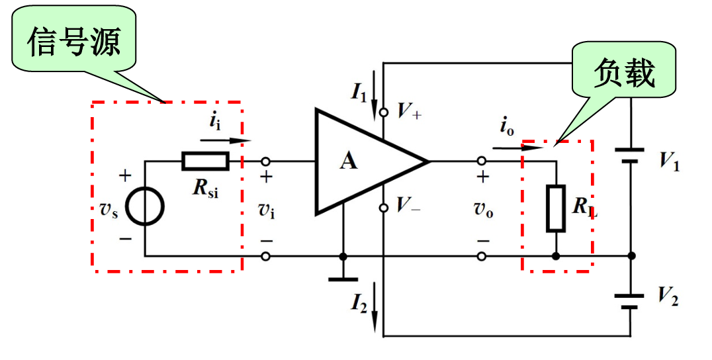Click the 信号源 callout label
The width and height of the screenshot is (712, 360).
coord(74,44)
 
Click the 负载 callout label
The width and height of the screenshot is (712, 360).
coord(625,71)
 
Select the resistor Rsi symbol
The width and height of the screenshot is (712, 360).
coord(205,161)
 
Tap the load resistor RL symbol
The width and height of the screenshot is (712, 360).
coord(556,208)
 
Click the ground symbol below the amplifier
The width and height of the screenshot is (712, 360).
coord(343,278)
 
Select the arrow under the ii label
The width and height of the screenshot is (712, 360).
coord(226,140)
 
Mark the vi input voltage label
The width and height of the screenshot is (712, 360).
coord(266,210)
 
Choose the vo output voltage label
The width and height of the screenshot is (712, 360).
coord(482,210)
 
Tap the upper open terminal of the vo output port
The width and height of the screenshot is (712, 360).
coord(482,161)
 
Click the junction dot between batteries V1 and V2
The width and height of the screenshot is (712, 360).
coord(631,256)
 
